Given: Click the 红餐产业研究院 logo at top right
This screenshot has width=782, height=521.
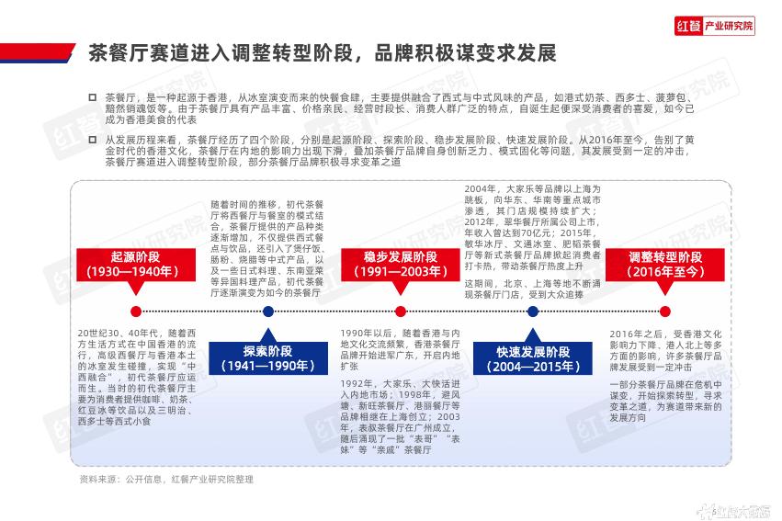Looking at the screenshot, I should [715, 27].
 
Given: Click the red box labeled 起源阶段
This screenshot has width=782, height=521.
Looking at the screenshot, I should [136, 264].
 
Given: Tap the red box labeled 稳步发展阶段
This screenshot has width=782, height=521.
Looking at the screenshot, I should [400, 264].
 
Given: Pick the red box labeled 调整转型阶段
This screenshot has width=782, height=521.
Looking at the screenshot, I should [664, 264].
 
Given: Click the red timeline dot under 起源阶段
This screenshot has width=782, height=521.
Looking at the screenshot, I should [136, 311].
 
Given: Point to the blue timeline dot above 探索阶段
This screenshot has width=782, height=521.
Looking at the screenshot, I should [267, 311].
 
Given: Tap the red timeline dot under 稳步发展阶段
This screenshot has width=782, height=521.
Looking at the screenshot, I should [400, 311].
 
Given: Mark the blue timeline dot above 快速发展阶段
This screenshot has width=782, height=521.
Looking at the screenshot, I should [533, 311].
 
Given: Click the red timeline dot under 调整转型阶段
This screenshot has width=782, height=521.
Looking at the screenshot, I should [664, 311].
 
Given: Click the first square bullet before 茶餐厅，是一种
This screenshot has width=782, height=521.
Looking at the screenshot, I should [92, 96].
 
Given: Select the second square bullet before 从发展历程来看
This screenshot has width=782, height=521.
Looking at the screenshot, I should [92, 139].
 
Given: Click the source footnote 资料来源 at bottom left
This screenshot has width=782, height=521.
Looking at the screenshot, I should [96, 480].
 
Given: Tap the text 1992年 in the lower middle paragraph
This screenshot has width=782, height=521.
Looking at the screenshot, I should [358, 382].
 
